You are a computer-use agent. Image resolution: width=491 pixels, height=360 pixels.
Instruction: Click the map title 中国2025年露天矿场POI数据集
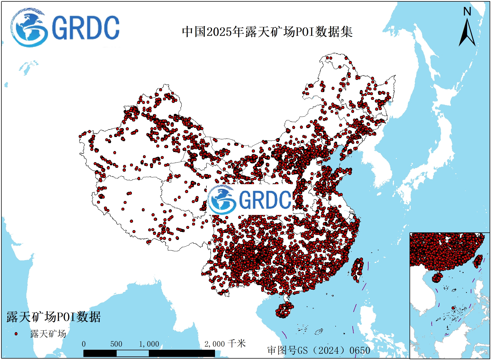pos(267,32)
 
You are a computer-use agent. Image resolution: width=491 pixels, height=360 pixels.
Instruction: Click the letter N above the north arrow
pos(467,12)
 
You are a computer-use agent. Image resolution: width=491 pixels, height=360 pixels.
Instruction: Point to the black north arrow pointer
pos(467,33)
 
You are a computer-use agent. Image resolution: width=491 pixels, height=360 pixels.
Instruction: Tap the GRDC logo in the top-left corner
pos(65,27)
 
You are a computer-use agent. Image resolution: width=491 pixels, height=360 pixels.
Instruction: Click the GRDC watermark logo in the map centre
pos(250,199)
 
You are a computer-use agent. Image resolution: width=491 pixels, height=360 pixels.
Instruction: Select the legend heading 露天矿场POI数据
pos(53,317)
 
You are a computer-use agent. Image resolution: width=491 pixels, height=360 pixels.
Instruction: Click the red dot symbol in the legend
pos(16,334)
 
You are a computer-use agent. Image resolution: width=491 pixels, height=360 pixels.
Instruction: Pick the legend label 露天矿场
pos(48,334)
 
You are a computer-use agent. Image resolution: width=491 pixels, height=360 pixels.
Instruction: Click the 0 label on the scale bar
pos(84,344)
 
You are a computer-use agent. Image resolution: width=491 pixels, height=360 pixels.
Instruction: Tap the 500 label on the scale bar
pos(116,344)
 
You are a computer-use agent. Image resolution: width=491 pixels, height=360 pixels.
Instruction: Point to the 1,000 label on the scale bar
pos(149,344)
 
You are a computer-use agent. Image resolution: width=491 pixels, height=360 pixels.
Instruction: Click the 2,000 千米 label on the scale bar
pos(225,344)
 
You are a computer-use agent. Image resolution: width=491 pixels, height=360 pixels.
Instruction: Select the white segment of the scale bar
pos(132,353)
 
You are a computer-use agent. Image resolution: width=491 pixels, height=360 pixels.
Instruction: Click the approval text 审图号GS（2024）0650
pos(319,350)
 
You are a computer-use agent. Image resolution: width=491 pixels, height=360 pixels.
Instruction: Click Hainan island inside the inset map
pos(437,277)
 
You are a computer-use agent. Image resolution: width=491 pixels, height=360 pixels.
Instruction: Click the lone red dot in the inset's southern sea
pos(453,308)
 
